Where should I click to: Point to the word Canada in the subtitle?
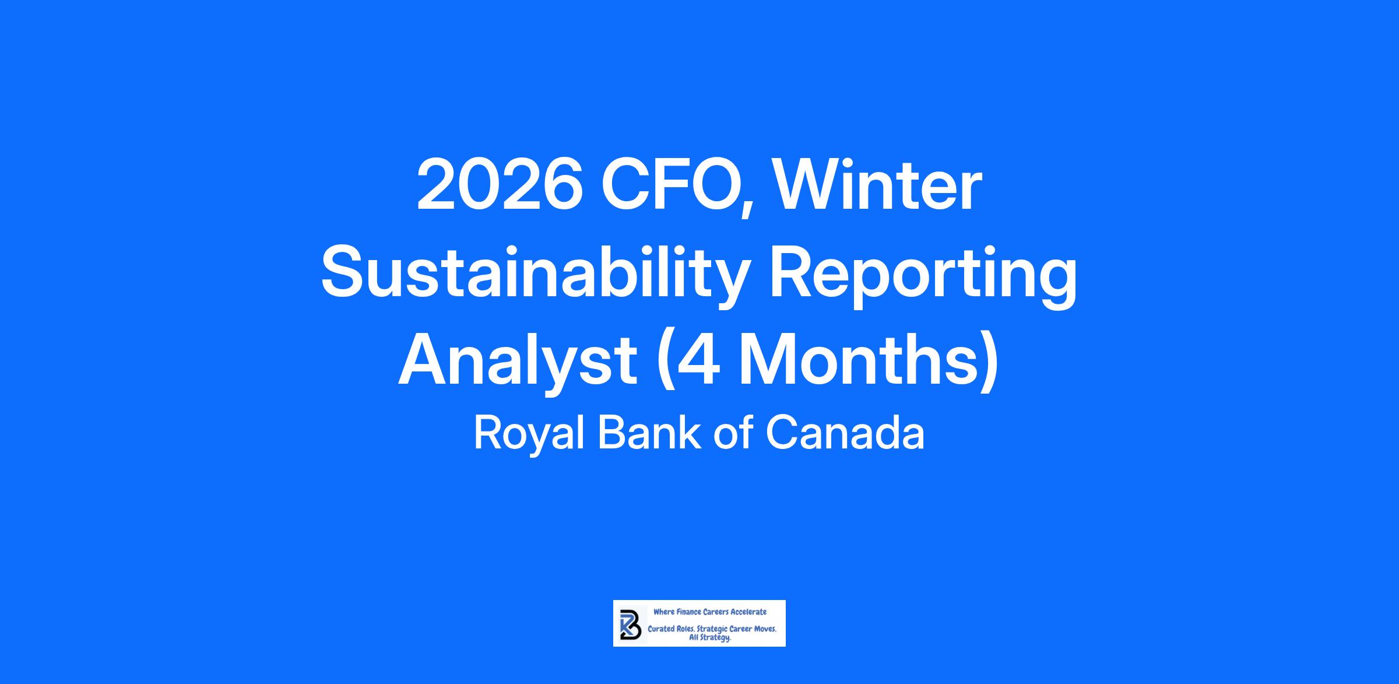point(845,433)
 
